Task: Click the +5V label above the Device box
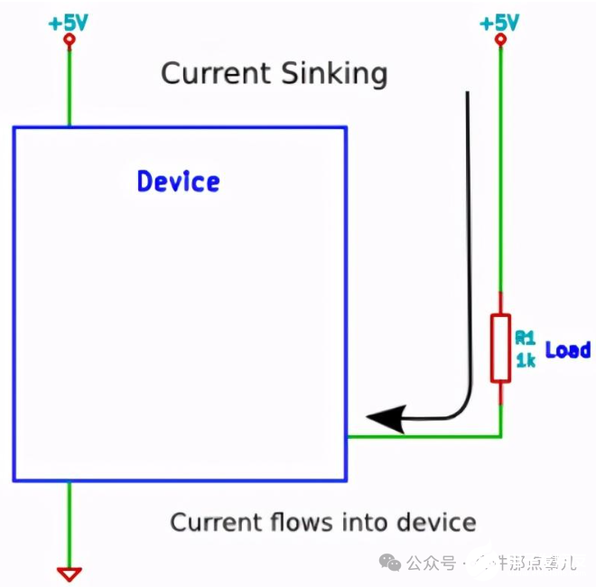tap(69, 22)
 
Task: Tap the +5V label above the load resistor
tap(500, 22)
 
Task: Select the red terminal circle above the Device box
tap(69, 41)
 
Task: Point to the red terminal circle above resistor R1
tap(500, 41)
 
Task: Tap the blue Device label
tap(178, 182)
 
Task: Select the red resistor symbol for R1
tap(500, 348)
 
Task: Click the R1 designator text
tap(525, 338)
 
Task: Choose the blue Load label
tap(567, 349)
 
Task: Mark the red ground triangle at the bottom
tap(69, 573)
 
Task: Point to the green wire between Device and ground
tap(69, 524)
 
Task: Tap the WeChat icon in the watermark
tap(392, 563)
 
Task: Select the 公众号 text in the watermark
tap(431, 563)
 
